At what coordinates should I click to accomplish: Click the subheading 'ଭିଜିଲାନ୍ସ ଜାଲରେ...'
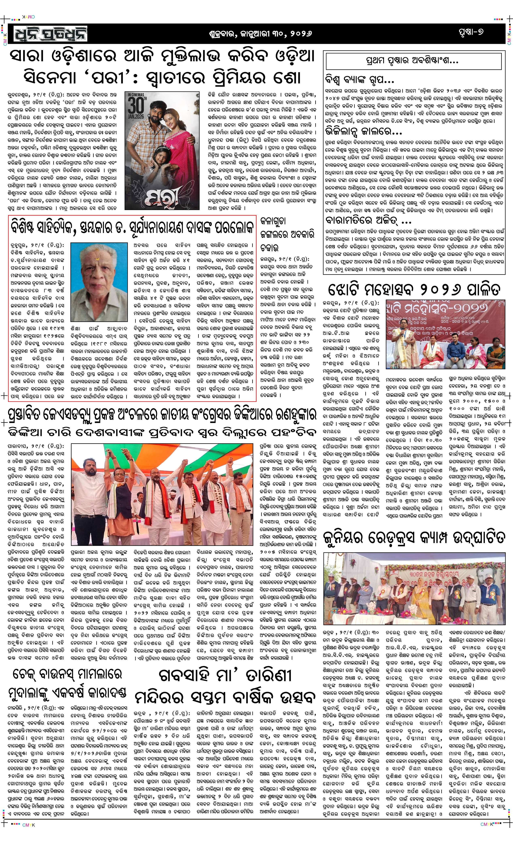click(x=363, y=131)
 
